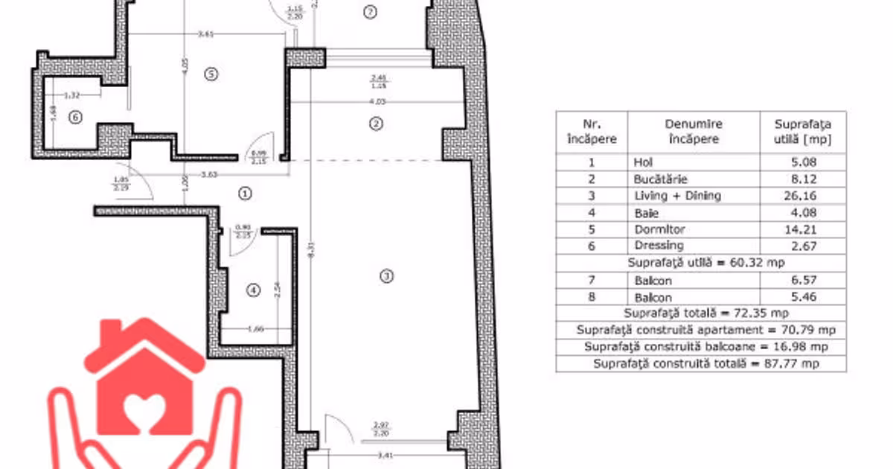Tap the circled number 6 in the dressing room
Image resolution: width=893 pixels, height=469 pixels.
pyautogui.click(x=74, y=117)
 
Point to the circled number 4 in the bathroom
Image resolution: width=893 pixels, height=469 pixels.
pyautogui.click(x=254, y=290)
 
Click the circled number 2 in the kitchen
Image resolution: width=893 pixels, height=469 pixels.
pyautogui.click(x=376, y=123)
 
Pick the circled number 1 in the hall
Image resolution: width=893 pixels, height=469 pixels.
pyautogui.click(x=245, y=193)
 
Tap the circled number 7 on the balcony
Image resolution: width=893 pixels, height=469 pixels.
pyautogui.click(x=370, y=11)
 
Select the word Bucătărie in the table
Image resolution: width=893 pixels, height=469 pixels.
pyautogui.click(x=660, y=179)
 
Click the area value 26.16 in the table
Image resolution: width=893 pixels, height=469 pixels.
pyautogui.click(x=803, y=196)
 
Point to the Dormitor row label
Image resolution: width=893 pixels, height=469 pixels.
pyautogui.click(x=659, y=229)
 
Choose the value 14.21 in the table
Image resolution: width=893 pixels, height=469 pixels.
pyautogui.click(x=803, y=229)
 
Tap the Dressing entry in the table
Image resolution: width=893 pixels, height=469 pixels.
pyautogui.click(x=659, y=246)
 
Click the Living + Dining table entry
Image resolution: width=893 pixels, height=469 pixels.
pyautogui.click(x=677, y=196)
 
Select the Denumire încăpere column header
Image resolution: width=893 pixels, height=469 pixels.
pyautogui.click(x=694, y=132)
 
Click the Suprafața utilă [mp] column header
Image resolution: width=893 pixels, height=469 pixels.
pyautogui.click(x=803, y=132)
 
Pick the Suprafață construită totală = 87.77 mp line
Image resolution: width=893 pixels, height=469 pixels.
pyautogui.click(x=705, y=363)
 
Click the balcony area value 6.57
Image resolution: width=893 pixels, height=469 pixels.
pyautogui.click(x=803, y=281)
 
